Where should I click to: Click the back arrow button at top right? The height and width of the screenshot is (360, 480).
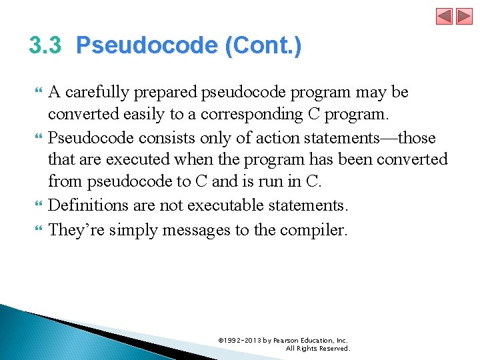point(445,16)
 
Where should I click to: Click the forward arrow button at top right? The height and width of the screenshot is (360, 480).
point(464,16)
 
